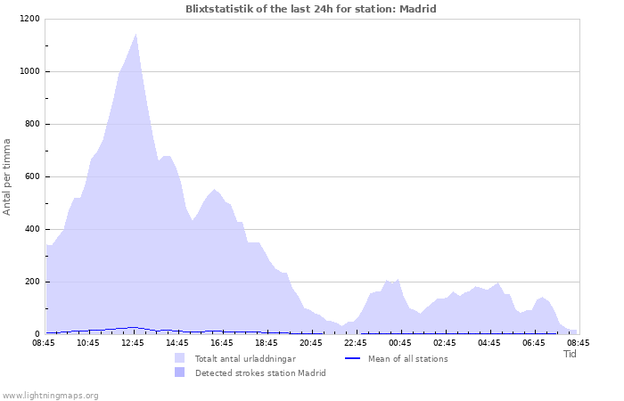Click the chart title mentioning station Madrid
311,9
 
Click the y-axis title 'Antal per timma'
8,176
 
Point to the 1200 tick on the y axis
29,19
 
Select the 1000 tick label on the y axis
29,71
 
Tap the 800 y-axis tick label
32,124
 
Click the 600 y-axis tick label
32,176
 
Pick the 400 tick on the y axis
32,229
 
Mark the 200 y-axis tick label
32,282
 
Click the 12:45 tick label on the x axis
133,342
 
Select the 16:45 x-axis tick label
222,342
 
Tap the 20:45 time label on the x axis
311,342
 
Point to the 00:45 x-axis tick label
400,342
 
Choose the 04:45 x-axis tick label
489,342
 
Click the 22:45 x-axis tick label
356,342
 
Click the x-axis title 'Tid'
571,354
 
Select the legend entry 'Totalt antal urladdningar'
246,358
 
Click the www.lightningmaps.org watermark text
50,395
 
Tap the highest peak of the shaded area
135,36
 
